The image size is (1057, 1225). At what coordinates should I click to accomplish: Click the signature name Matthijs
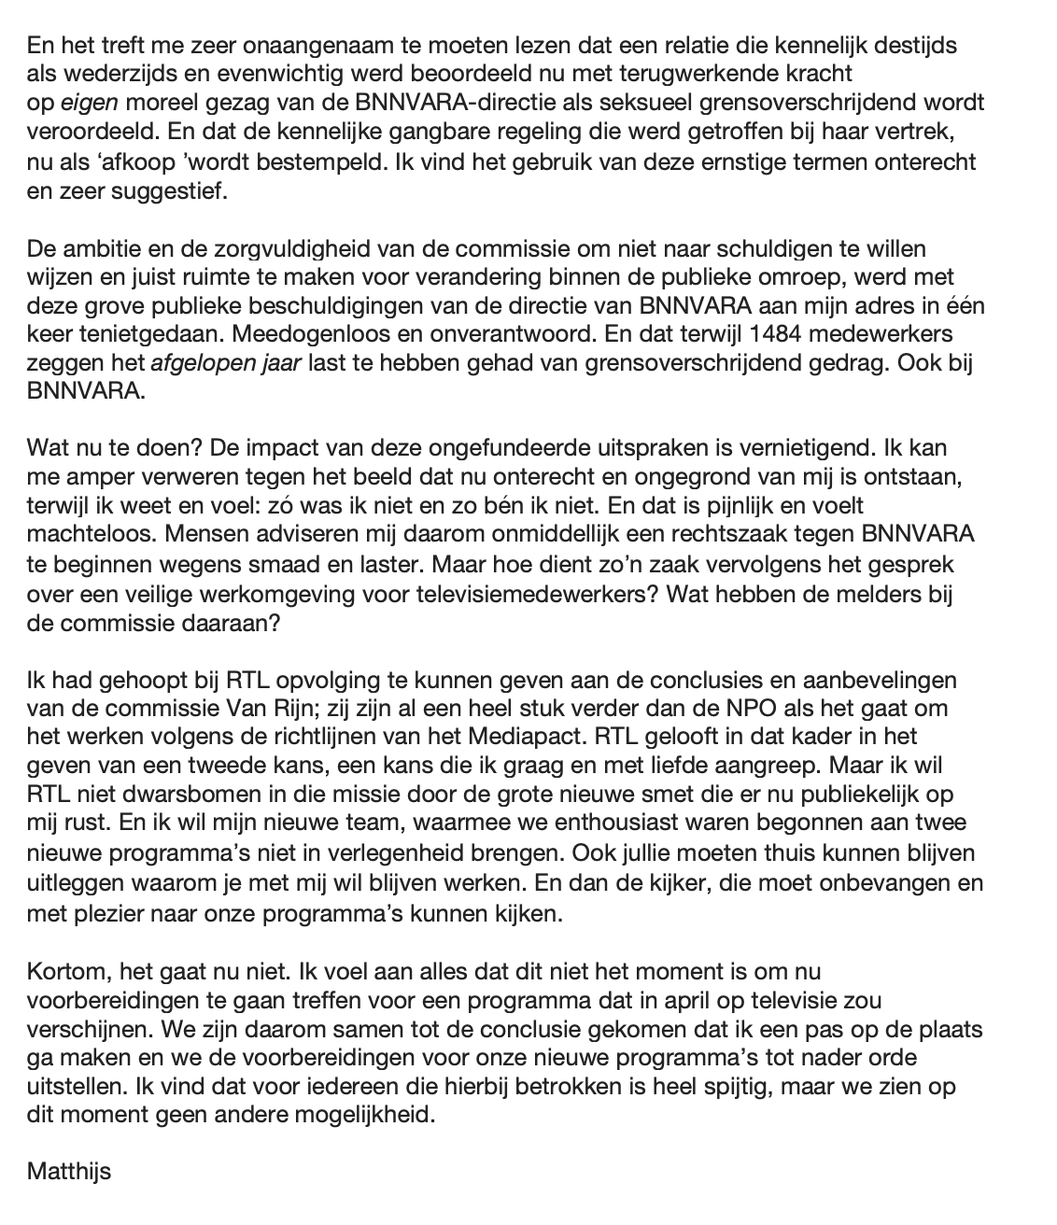coord(69,1171)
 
